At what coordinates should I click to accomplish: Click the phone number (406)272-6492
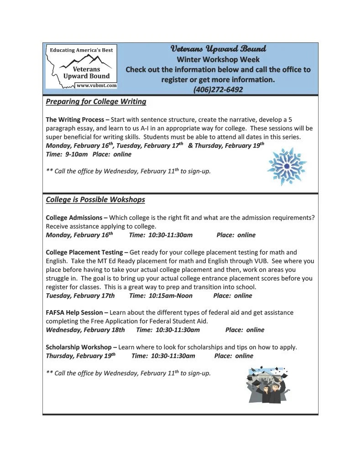coord(218,89)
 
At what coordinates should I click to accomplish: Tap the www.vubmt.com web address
coord(96,85)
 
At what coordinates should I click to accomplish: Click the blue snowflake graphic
coord(286,166)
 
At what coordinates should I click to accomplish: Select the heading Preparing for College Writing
coord(96,102)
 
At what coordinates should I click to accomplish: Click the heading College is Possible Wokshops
coord(95,200)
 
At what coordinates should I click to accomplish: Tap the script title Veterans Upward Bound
coord(218,49)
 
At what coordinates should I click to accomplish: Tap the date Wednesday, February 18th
coord(85,330)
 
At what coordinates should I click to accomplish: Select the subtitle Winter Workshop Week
coord(218,59)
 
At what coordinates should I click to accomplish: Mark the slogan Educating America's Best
coord(81,50)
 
